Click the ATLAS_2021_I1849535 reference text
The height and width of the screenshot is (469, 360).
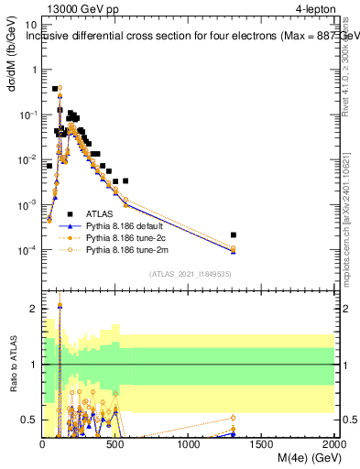(x=189, y=273)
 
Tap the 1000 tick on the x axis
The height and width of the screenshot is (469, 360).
(x=189, y=444)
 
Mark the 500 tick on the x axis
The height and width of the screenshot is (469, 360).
(x=115, y=444)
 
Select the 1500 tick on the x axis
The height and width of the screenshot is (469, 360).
(x=262, y=444)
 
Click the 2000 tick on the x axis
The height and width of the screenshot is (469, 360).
(x=333, y=444)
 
